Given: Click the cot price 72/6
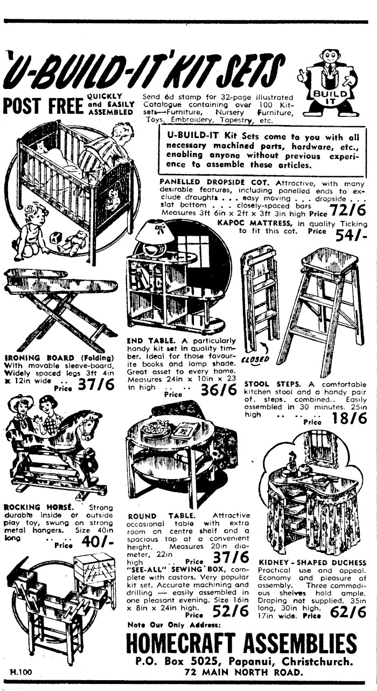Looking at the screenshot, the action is [348, 211].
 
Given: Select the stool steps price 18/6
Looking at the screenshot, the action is [350, 418].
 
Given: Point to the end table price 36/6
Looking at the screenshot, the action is [219, 390].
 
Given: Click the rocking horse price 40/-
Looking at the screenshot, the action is [97, 542].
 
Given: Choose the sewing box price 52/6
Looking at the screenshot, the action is [231, 611].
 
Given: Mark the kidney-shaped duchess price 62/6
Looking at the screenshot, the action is [348, 612].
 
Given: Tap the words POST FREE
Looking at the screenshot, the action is [43, 106].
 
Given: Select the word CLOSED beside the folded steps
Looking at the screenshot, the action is [255, 359].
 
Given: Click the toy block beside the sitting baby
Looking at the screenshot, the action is [56, 239].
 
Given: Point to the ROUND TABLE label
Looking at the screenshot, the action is [162, 515].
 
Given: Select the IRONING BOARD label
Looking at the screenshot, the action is [40, 358].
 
